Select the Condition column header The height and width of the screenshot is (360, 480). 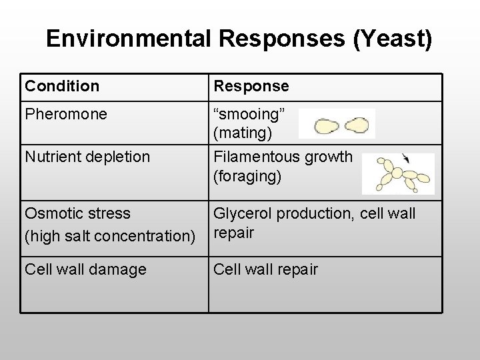click(x=62, y=86)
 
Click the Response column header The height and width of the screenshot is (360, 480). click(x=251, y=86)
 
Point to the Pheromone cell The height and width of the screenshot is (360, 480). click(x=65, y=114)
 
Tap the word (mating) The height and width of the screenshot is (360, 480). click(x=243, y=133)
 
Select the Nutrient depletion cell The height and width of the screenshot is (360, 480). click(x=87, y=157)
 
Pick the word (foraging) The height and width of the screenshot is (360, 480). click(x=247, y=176)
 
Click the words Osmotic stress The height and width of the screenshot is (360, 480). click(x=77, y=214)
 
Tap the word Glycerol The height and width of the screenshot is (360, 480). click(x=242, y=213)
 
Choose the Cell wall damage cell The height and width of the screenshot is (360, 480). click(x=85, y=269)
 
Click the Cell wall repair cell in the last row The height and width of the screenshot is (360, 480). click(x=265, y=269)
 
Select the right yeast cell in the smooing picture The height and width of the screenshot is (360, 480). click(x=358, y=124)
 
